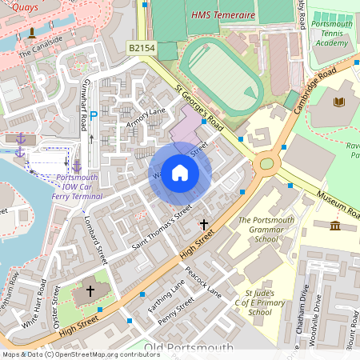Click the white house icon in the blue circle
(x=180, y=173)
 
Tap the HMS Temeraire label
(x=223, y=15)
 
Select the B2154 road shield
(x=142, y=49)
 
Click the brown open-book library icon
(x=339, y=102)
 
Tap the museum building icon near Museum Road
(x=334, y=226)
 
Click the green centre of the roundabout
(x=266, y=165)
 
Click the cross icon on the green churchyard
(x=90, y=290)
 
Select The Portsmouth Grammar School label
(x=266, y=229)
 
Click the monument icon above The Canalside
(x=31, y=33)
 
